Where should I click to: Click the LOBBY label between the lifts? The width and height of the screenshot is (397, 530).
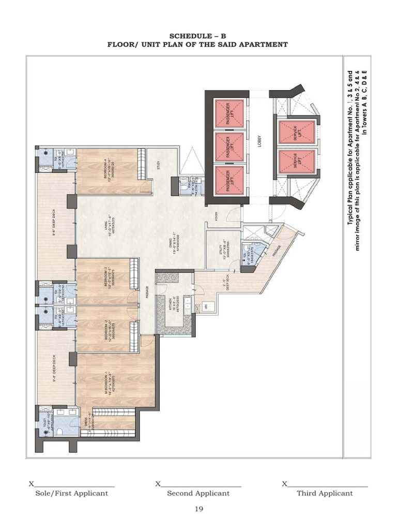260,141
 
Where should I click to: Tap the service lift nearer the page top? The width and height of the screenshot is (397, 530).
297,132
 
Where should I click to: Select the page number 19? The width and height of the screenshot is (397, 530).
199,509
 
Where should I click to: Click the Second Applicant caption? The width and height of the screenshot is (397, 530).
198,493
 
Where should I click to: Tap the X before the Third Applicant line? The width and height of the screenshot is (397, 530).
284,484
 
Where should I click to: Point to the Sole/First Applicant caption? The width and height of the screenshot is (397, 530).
71,493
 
